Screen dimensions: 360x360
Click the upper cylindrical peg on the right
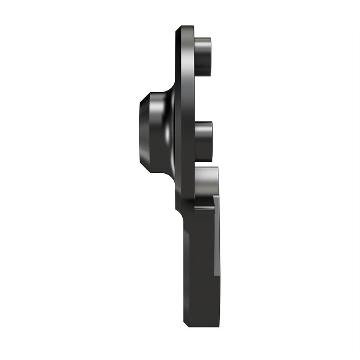click(203, 56)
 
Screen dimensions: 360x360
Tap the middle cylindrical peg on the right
click(204, 141)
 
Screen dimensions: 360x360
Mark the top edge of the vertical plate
click(185, 27)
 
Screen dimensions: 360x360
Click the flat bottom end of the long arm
click(201, 325)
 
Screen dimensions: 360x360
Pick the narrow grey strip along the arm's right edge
click(217, 235)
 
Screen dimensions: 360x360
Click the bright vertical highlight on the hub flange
click(168, 132)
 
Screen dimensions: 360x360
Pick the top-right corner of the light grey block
click(217, 168)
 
